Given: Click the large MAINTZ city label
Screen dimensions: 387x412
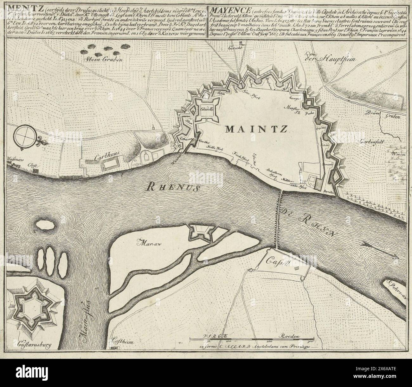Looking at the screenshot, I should point(256,129).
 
